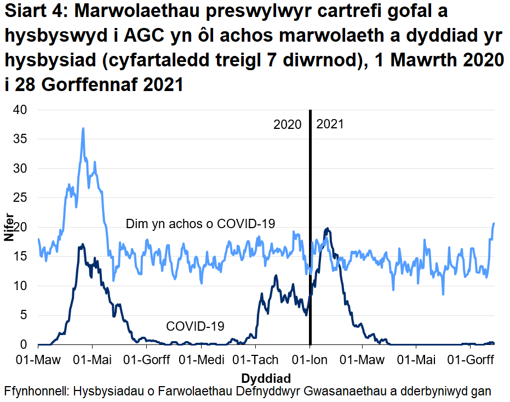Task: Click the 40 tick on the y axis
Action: coord(20,110)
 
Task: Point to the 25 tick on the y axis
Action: coord(20,198)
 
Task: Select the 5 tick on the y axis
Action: coord(24,315)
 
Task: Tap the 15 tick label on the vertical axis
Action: coord(20,257)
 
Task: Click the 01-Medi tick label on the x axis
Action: coord(201,360)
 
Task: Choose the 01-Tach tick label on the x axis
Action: coord(255,360)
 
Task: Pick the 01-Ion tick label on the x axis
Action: coord(310,360)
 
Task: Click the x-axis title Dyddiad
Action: coord(265,378)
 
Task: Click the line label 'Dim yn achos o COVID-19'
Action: coord(200,224)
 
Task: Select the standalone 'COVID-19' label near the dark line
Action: coord(195,326)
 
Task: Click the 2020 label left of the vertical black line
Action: coord(288,124)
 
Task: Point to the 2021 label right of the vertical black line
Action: coord(330,124)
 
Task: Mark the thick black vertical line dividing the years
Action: coord(310,219)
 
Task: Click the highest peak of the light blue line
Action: coord(83,129)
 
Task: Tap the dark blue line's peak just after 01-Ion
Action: coord(327,229)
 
